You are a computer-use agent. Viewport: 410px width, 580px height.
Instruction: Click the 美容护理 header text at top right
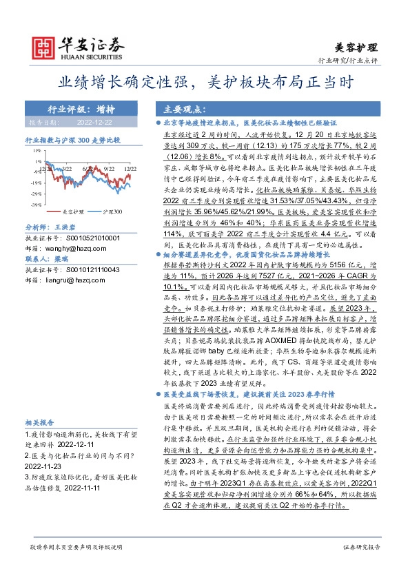point(356,48)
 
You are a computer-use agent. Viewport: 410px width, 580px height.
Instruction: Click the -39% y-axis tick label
point(32,194)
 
